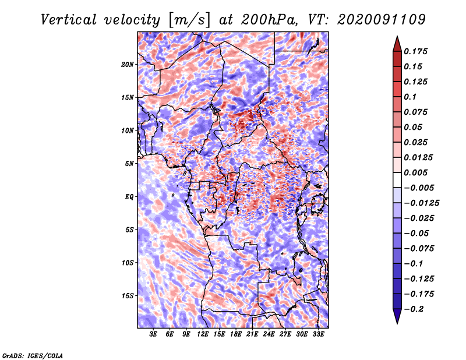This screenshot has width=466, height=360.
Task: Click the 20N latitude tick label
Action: (128, 65)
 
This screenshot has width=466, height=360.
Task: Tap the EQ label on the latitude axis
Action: (129, 197)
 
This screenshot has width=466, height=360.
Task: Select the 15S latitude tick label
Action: (128, 296)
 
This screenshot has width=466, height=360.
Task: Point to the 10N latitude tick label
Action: (128, 131)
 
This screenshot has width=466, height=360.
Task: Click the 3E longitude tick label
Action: (153, 334)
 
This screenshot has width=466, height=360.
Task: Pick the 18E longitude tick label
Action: (236, 334)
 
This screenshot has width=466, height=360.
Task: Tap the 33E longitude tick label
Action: (318, 334)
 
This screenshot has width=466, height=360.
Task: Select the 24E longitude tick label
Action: (269, 334)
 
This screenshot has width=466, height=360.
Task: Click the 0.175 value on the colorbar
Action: (415, 51)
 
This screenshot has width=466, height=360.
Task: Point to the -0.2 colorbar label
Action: (414, 309)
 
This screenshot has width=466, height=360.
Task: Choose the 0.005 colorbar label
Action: (415, 172)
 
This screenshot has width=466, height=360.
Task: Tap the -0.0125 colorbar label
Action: (421, 203)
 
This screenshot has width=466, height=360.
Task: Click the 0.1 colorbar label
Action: (410, 97)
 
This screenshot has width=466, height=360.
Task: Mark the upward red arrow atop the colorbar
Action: (397, 44)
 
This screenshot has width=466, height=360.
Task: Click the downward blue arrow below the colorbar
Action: (397, 316)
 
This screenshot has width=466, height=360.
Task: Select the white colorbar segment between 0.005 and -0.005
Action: (397, 180)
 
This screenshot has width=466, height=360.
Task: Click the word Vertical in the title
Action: (69, 20)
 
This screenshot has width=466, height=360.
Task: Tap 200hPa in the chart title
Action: (269, 20)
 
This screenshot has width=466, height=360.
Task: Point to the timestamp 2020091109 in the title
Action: (382, 20)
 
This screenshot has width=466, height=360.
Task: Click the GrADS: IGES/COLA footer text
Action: (32, 355)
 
